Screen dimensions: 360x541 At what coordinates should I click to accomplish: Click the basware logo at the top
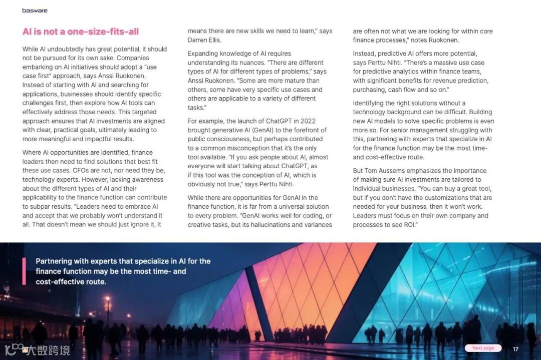(35, 10)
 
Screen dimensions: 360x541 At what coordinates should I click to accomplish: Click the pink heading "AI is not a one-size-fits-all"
(80, 32)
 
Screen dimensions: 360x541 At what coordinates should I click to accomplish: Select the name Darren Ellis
(204, 40)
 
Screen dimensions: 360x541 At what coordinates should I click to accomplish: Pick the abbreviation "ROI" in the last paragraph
(409, 225)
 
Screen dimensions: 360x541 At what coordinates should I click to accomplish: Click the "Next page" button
(483, 348)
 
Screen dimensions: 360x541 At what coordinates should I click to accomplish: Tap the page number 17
(515, 349)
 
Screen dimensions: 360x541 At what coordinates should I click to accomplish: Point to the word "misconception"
(244, 148)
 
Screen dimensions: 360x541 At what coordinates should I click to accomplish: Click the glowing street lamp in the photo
(107, 300)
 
